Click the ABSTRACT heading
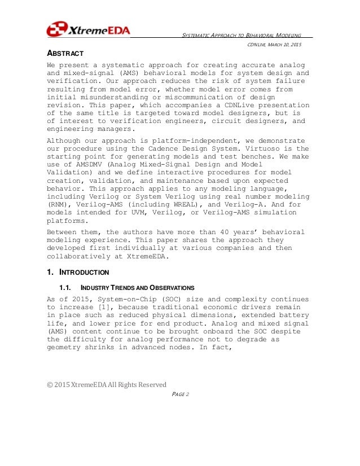(x=65, y=54)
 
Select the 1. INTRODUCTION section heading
(x=77, y=272)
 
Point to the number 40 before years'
(x=223, y=232)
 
